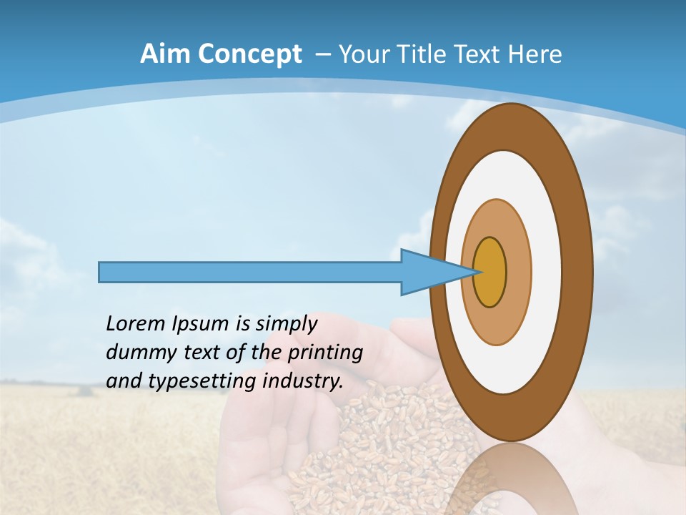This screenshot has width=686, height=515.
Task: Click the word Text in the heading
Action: click(481, 54)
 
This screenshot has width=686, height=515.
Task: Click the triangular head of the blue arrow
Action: click(429, 273)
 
